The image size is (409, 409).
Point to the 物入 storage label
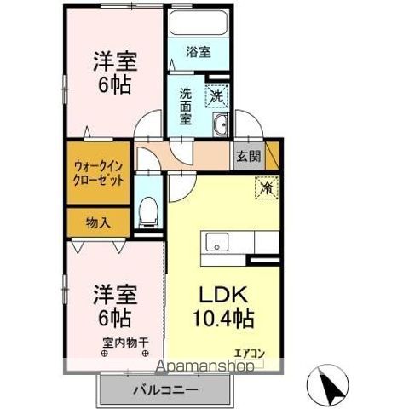(x=98, y=222)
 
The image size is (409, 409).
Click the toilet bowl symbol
(x=148, y=209)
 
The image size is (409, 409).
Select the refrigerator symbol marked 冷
(x=265, y=184)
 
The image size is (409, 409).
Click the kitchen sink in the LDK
(x=216, y=243)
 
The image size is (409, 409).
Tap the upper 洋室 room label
(x=116, y=71)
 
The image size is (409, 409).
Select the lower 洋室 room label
(x=113, y=305)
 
